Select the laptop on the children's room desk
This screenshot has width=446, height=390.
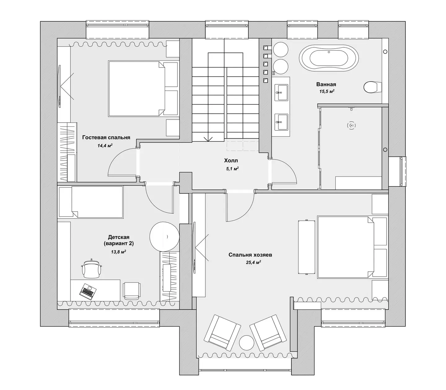[88, 291]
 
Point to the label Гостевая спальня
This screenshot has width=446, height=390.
[106, 138]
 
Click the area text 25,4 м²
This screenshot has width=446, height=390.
[254, 262]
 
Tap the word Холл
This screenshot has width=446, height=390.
[231, 161]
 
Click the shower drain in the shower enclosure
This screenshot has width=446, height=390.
[351, 125]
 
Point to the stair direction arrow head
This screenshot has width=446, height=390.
[208, 139]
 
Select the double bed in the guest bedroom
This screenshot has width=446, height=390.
[142, 89]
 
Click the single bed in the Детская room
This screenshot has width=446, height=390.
[91, 202]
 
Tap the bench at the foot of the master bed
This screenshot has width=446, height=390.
[307, 247]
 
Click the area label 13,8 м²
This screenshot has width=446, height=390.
[119, 252]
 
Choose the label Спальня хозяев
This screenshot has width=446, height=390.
[250, 255]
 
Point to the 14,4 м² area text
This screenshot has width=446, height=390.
[105, 146]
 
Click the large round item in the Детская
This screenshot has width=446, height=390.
[164, 237]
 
